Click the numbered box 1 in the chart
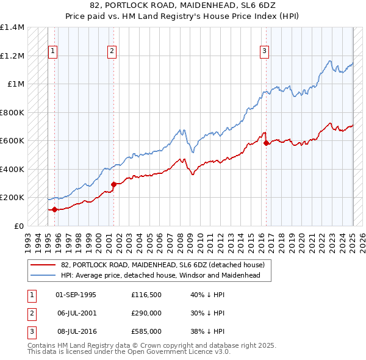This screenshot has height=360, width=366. (54, 52)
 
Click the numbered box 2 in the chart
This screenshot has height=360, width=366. (113, 52)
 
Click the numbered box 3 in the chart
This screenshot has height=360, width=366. (265, 52)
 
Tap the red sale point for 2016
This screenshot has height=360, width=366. (267, 143)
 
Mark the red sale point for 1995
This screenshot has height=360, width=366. (54, 209)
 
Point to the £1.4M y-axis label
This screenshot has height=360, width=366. (12, 27)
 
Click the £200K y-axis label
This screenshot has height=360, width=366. (12, 198)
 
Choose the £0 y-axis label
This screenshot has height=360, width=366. (18, 226)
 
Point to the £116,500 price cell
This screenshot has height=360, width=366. (146, 295)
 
